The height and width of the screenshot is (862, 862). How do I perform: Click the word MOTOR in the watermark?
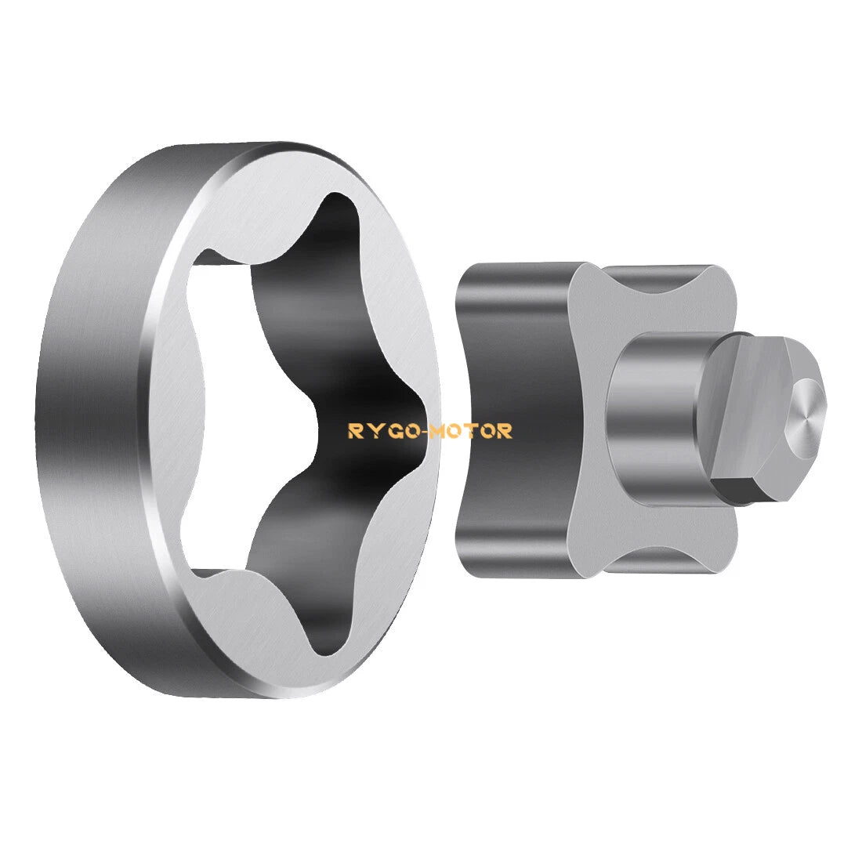[x=471, y=431]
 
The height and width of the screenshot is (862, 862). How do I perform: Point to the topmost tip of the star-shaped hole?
[x=335, y=195]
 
